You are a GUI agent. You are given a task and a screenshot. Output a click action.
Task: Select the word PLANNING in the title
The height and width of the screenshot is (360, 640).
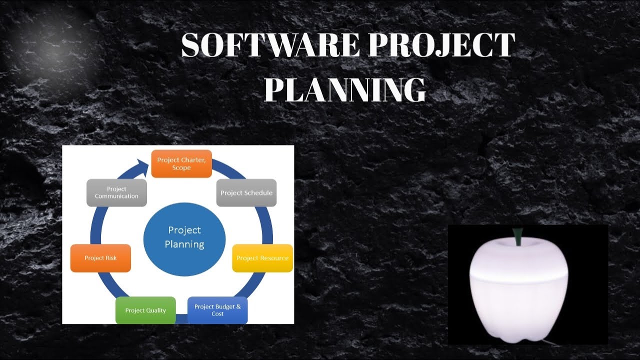(x=344, y=90)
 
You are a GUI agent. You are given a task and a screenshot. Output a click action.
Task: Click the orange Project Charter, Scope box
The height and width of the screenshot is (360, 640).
(x=181, y=163)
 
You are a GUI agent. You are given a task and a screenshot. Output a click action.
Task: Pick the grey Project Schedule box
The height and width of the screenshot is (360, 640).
(x=246, y=193)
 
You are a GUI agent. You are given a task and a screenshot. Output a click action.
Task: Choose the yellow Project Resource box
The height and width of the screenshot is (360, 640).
(x=262, y=258)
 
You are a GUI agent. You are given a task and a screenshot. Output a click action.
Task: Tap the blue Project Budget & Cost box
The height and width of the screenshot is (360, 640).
(x=217, y=310)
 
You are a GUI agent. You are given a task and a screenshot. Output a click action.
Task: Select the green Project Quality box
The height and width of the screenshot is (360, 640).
(x=145, y=310)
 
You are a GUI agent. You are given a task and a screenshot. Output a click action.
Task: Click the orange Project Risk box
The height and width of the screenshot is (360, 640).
(x=100, y=258)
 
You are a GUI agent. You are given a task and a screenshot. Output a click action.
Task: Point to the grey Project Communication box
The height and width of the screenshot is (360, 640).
(x=116, y=192)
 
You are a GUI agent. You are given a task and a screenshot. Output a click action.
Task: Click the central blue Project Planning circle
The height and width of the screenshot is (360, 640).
(x=184, y=237)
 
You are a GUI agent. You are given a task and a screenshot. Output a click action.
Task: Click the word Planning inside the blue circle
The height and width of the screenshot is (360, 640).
(x=184, y=244)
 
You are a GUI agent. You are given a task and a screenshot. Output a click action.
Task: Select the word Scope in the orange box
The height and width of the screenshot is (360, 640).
(x=181, y=168)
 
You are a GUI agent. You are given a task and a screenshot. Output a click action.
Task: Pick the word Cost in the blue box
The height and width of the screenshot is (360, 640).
(x=217, y=314)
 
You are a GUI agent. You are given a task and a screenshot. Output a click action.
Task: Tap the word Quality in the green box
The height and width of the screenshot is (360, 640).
(x=155, y=310)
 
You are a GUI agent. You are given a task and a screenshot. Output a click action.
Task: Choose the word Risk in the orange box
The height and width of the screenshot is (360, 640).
(x=111, y=258)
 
